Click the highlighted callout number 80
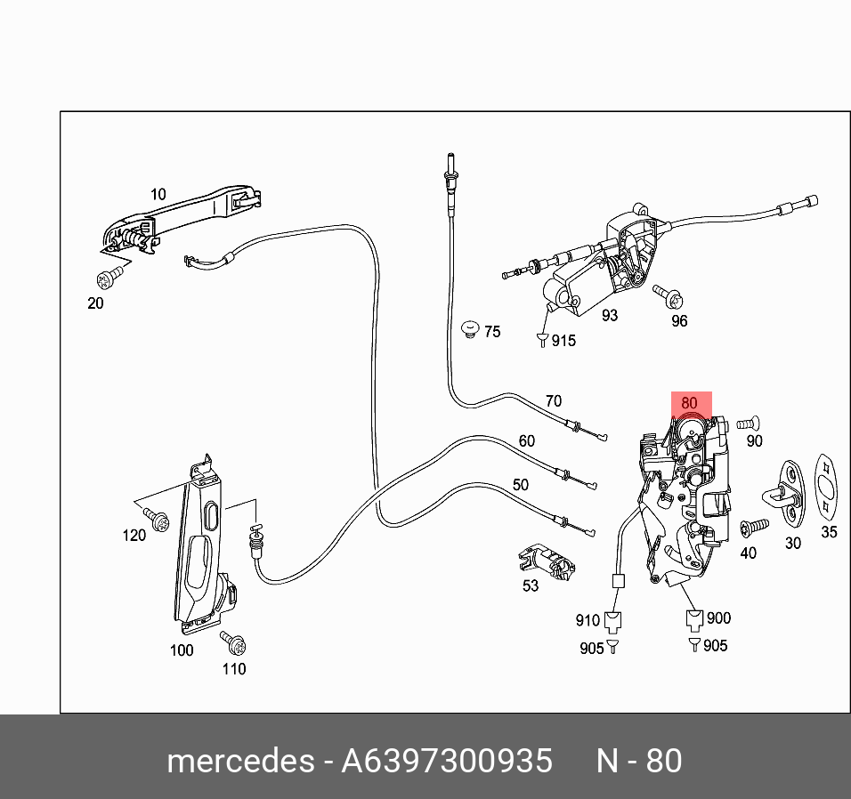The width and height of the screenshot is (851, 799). pyautogui.click(x=689, y=403)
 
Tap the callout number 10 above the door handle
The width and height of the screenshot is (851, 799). pyautogui.click(x=158, y=194)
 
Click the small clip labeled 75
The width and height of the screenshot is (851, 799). pyautogui.click(x=470, y=330)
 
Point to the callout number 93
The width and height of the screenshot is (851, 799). pyautogui.click(x=609, y=315)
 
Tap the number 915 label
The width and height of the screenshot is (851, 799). pyautogui.click(x=563, y=340)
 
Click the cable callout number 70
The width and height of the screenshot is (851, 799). pyautogui.click(x=553, y=400)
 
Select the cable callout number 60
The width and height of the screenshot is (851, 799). pyautogui.click(x=526, y=440)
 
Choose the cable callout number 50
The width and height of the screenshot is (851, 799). pyautogui.click(x=520, y=484)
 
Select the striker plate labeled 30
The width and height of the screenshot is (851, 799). pyautogui.click(x=784, y=492)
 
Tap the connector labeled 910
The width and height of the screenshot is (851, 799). pyautogui.click(x=613, y=620)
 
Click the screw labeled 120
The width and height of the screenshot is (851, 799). pyautogui.click(x=158, y=522)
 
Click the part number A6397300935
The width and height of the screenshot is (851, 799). pyautogui.click(x=447, y=762)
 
